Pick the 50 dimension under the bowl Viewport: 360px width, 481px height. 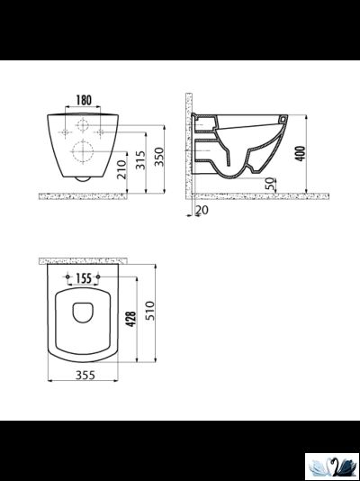pyautogui.click(x=270, y=183)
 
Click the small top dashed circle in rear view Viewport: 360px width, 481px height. pyautogui.click(x=82, y=123)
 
